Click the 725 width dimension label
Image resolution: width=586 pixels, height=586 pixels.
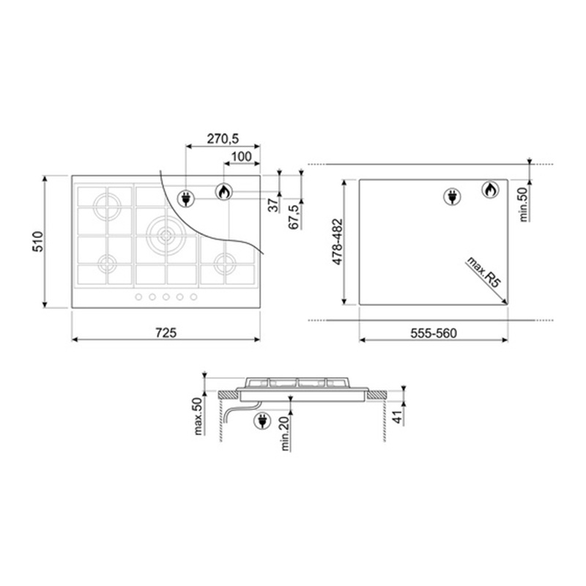click(166, 333)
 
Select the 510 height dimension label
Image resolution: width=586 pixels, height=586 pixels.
click(38, 242)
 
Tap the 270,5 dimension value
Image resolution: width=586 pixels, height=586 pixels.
click(223, 138)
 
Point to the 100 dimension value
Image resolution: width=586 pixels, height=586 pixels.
click(242, 157)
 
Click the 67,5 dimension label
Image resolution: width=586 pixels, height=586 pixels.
click(294, 216)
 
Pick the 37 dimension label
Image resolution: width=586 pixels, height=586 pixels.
click(273, 205)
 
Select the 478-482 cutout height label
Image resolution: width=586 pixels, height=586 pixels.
click(338, 242)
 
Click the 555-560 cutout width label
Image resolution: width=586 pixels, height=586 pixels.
click(434, 333)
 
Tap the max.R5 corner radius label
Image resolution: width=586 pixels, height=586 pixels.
click(483, 272)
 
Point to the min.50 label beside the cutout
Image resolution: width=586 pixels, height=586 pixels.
click(524, 204)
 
